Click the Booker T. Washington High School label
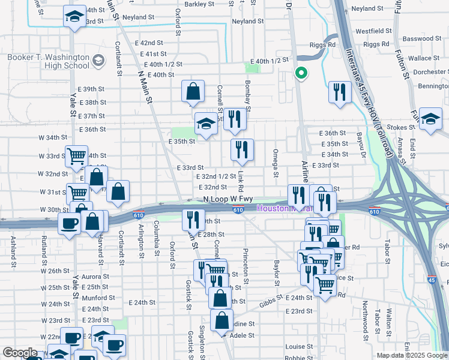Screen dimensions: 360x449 [48, 62]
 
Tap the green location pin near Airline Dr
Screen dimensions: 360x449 [301, 74]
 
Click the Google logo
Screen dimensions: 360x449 [20, 352]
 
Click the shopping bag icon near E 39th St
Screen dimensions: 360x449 [194, 92]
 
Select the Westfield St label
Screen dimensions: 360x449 [373, 31]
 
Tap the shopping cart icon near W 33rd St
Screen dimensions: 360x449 [77, 157]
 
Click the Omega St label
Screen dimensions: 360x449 [277, 164]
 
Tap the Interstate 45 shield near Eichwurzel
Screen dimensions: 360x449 [432, 280]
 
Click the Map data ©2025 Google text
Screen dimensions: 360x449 [412, 355]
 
